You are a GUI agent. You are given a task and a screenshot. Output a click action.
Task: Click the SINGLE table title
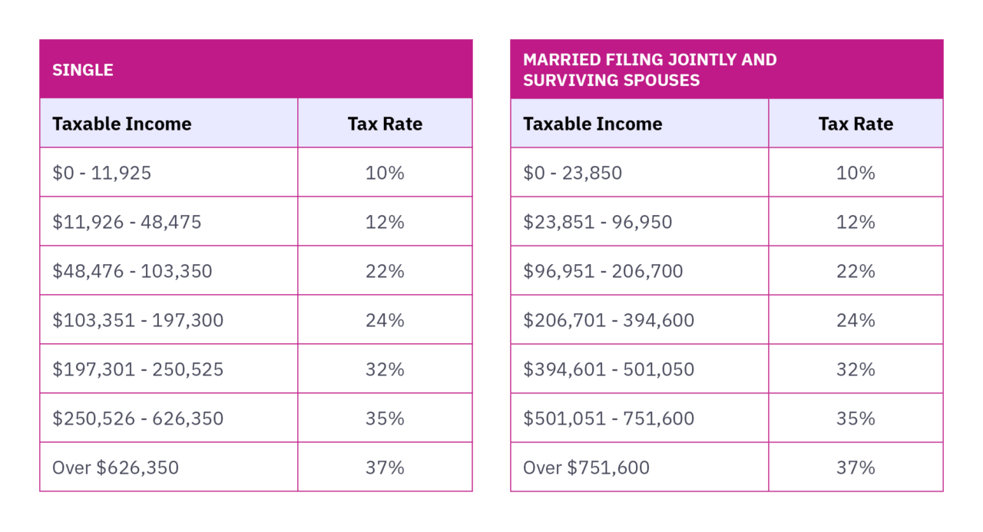click(x=83, y=70)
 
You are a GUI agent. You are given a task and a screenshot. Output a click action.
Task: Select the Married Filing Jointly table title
click(x=650, y=70)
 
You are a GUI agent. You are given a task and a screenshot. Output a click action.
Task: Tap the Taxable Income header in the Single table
click(x=121, y=124)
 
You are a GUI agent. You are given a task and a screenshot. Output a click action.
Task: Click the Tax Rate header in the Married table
click(x=856, y=124)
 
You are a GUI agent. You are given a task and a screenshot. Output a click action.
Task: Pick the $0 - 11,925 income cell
click(x=102, y=173)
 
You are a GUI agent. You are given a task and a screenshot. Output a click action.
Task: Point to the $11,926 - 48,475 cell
click(x=127, y=222)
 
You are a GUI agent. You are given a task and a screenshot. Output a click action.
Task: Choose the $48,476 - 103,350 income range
click(x=132, y=271)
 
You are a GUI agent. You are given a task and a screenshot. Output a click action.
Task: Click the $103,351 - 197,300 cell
click(x=138, y=320)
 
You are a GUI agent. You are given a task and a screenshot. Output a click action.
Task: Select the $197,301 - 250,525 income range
click(x=138, y=369)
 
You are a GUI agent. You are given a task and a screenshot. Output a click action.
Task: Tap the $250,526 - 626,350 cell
click(x=138, y=418)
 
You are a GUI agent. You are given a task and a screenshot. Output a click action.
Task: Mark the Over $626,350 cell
click(x=115, y=468)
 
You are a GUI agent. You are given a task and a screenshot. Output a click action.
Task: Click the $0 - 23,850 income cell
click(x=573, y=173)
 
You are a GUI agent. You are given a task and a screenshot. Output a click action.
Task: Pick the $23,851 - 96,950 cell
click(x=597, y=222)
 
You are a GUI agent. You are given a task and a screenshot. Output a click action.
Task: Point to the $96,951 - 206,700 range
click(x=603, y=271)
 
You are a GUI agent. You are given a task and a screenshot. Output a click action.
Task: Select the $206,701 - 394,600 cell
click(x=609, y=320)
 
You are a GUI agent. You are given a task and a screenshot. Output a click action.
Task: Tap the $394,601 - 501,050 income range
click(x=609, y=369)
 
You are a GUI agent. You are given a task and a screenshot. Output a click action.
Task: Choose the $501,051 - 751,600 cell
click(x=609, y=418)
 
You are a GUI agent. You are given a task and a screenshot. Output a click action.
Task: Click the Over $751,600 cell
click(x=586, y=468)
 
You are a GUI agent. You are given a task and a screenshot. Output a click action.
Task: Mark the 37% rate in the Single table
click(x=385, y=468)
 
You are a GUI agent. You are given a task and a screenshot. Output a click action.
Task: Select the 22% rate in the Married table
click(x=856, y=271)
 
